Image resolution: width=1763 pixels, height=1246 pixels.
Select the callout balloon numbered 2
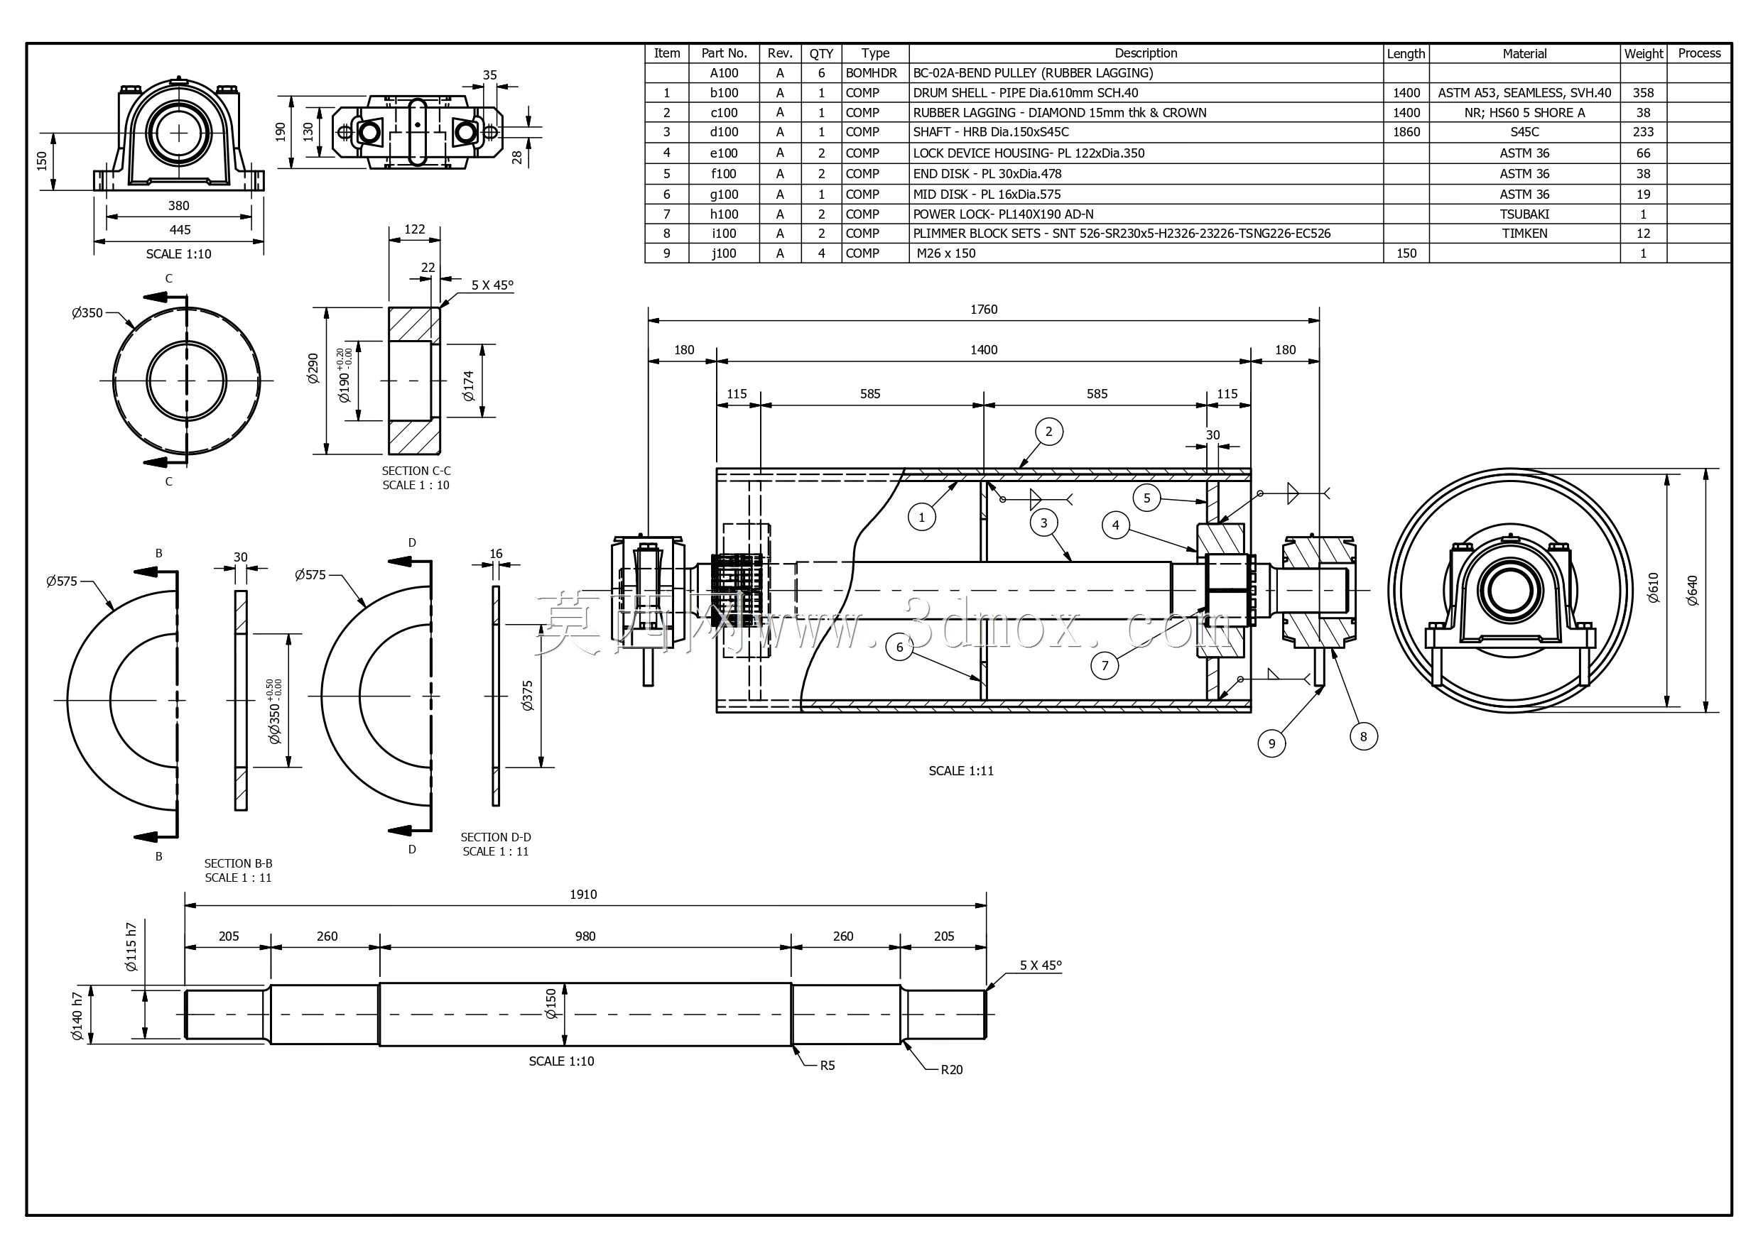(x=1049, y=432)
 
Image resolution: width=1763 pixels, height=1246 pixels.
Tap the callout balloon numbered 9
(x=1272, y=743)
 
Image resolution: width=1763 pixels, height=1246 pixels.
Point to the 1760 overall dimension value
(x=984, y=310)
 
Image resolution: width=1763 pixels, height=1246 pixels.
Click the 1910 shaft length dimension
(x=584, y=895)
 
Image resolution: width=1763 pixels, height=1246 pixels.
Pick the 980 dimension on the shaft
(x=585, y=936)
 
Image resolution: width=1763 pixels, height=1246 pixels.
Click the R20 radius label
(x=951, y=1070)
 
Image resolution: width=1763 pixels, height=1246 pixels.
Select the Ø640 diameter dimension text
(x=1693, y=591)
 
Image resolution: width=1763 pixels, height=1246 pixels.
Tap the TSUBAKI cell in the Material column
(x=1524, y=214)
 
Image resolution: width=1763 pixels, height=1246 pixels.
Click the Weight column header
(x=1643, y=54)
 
